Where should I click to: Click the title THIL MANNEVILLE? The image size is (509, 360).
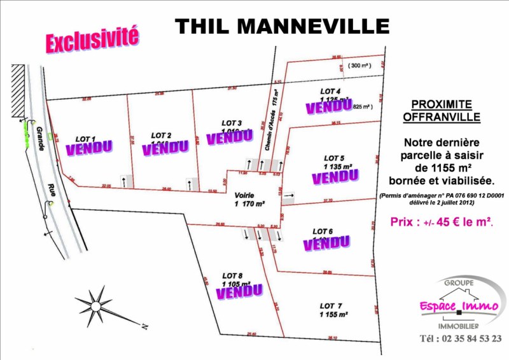click(282, 26)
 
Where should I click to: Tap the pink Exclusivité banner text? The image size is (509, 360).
click(92, 39)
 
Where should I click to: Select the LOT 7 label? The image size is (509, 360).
click(328, 307)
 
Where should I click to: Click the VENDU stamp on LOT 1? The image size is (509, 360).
click(89, 148)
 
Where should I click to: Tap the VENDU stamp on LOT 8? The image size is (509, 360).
click(239, 291)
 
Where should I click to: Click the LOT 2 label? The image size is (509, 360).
click(161, 135)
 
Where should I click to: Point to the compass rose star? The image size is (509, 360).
click(98, 302)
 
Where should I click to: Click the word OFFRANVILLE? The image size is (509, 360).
click(442, 117)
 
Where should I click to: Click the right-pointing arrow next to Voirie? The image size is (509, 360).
click(289, 196)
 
